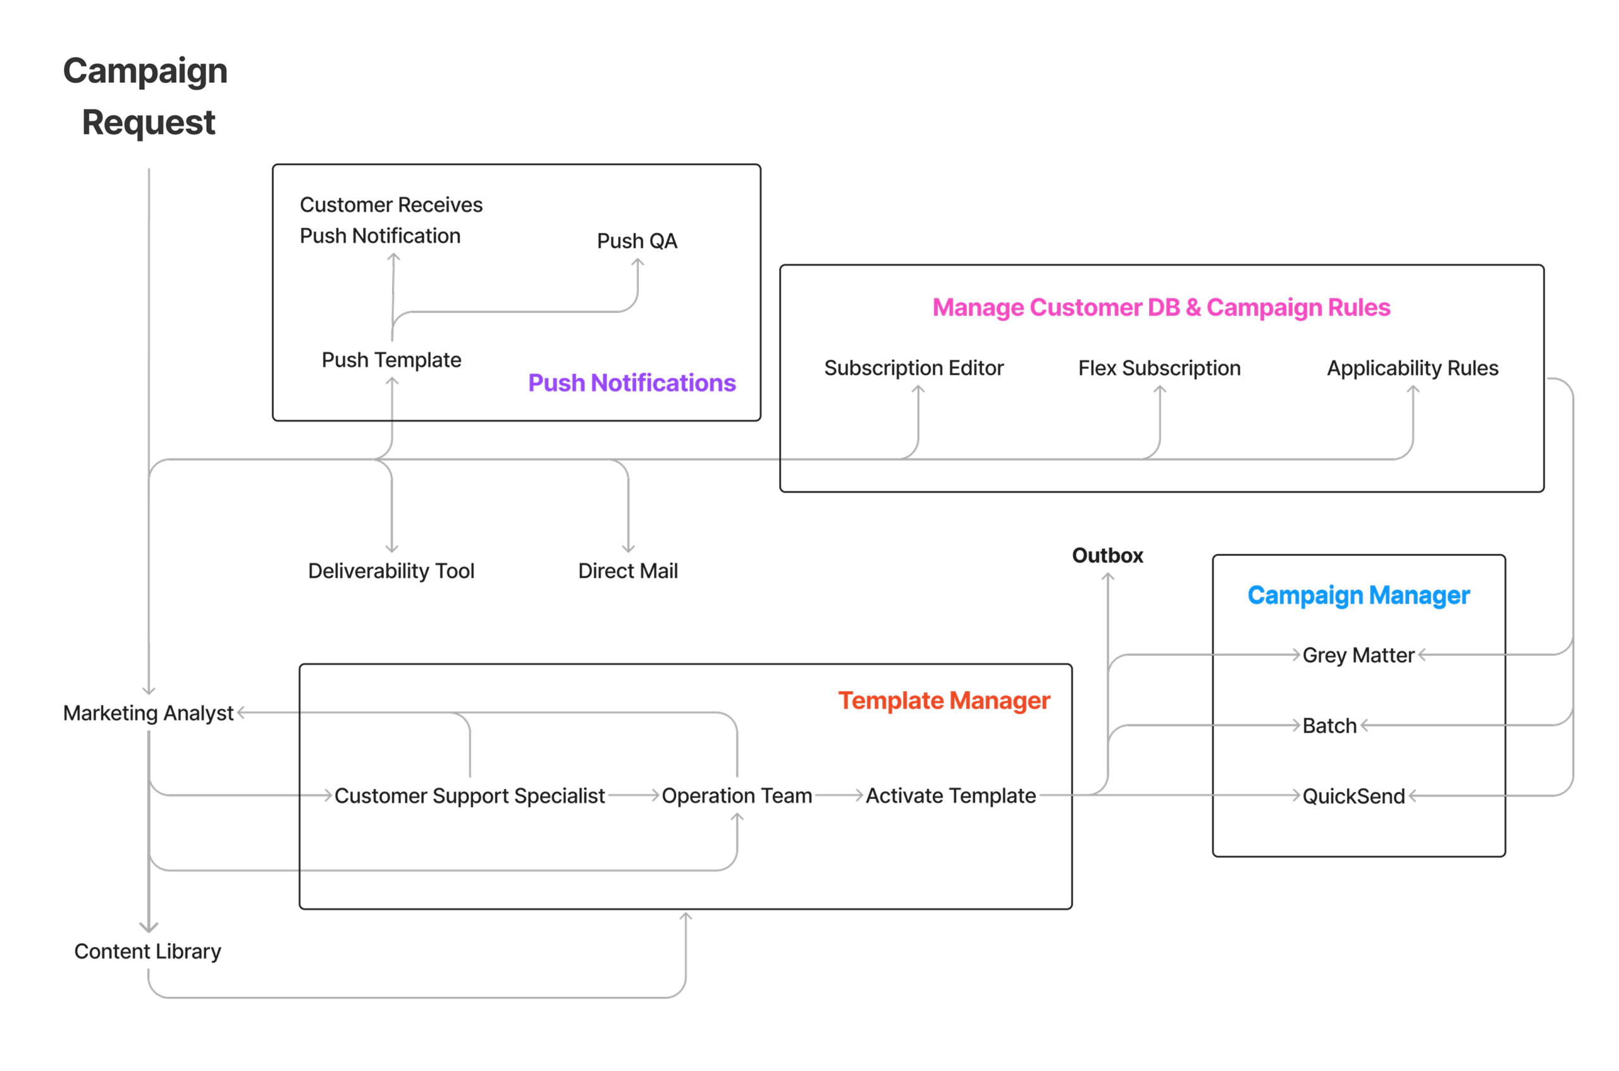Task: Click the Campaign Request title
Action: (x=145, y=96)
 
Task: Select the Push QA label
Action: (x=637, y=241)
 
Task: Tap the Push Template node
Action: (x=391, y=360)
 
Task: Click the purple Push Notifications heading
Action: (x=632, y=383)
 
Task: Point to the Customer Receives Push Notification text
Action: (x=391, y=220)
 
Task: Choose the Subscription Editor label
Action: (x=913, y=368)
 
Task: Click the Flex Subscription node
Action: (x=1159, y=368)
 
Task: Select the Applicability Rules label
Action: (x=1412, y=368)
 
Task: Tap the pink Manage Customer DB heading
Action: (x=1161, y=307)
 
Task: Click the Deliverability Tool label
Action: (x=391, y=571)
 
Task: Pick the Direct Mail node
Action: (x=628, y=571)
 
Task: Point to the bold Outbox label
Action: (x=1107, y=555)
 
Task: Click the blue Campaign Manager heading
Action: (x=1358, y=596)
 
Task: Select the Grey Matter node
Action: (x=1358, y=655)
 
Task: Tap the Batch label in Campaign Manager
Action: (x=1329, y=725)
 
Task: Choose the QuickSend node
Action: (x=1353, y=797)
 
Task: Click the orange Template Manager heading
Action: (x=944, y=701)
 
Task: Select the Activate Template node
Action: (x=951, y=796)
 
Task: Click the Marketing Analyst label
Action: (x=148, y=713)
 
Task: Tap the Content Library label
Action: (x=147, y=952)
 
